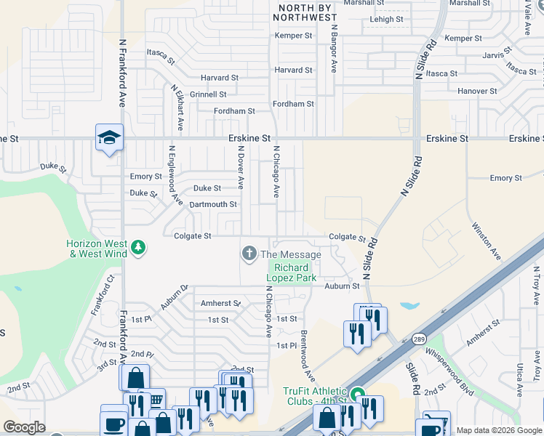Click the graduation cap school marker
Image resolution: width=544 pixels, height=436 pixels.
(109, 137)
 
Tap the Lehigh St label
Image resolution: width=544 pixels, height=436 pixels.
(385, 20)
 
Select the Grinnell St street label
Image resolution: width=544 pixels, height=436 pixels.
(208, 94)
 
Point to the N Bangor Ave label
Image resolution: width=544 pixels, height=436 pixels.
(334, 51)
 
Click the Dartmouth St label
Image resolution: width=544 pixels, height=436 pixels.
(213, 205)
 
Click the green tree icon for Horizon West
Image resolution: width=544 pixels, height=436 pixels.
(138, 249)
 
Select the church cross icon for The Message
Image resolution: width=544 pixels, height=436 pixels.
(249, 254)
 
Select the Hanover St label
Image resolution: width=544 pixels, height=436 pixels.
(477, 92)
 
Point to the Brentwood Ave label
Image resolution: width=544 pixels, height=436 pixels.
(308, 356)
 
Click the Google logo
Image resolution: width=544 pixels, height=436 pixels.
(24, 427)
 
